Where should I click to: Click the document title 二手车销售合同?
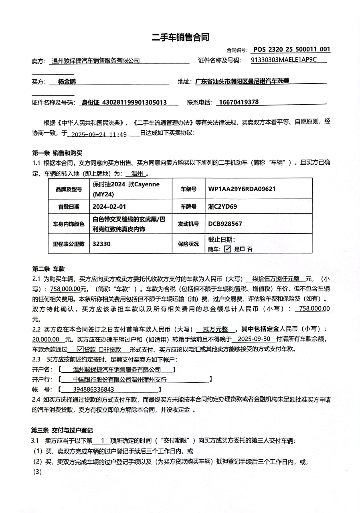[x=180, y=37]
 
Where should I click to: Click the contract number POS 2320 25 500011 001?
[x=291, y=49]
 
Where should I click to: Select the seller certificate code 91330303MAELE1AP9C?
[x=283, y=60]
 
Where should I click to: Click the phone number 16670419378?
[x=239, y=102]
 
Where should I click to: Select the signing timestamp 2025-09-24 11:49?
[x=99, y=134]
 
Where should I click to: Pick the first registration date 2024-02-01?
[x=109, y=207]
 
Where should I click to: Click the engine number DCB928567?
[x=225, y=224]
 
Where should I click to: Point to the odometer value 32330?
[x=101, y=243]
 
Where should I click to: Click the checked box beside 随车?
[x=228, y=249]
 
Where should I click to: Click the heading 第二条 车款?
[x=48, y=269]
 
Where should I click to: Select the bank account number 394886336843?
[x=94, y=389]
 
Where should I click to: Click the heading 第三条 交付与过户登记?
[x=62, y=430]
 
